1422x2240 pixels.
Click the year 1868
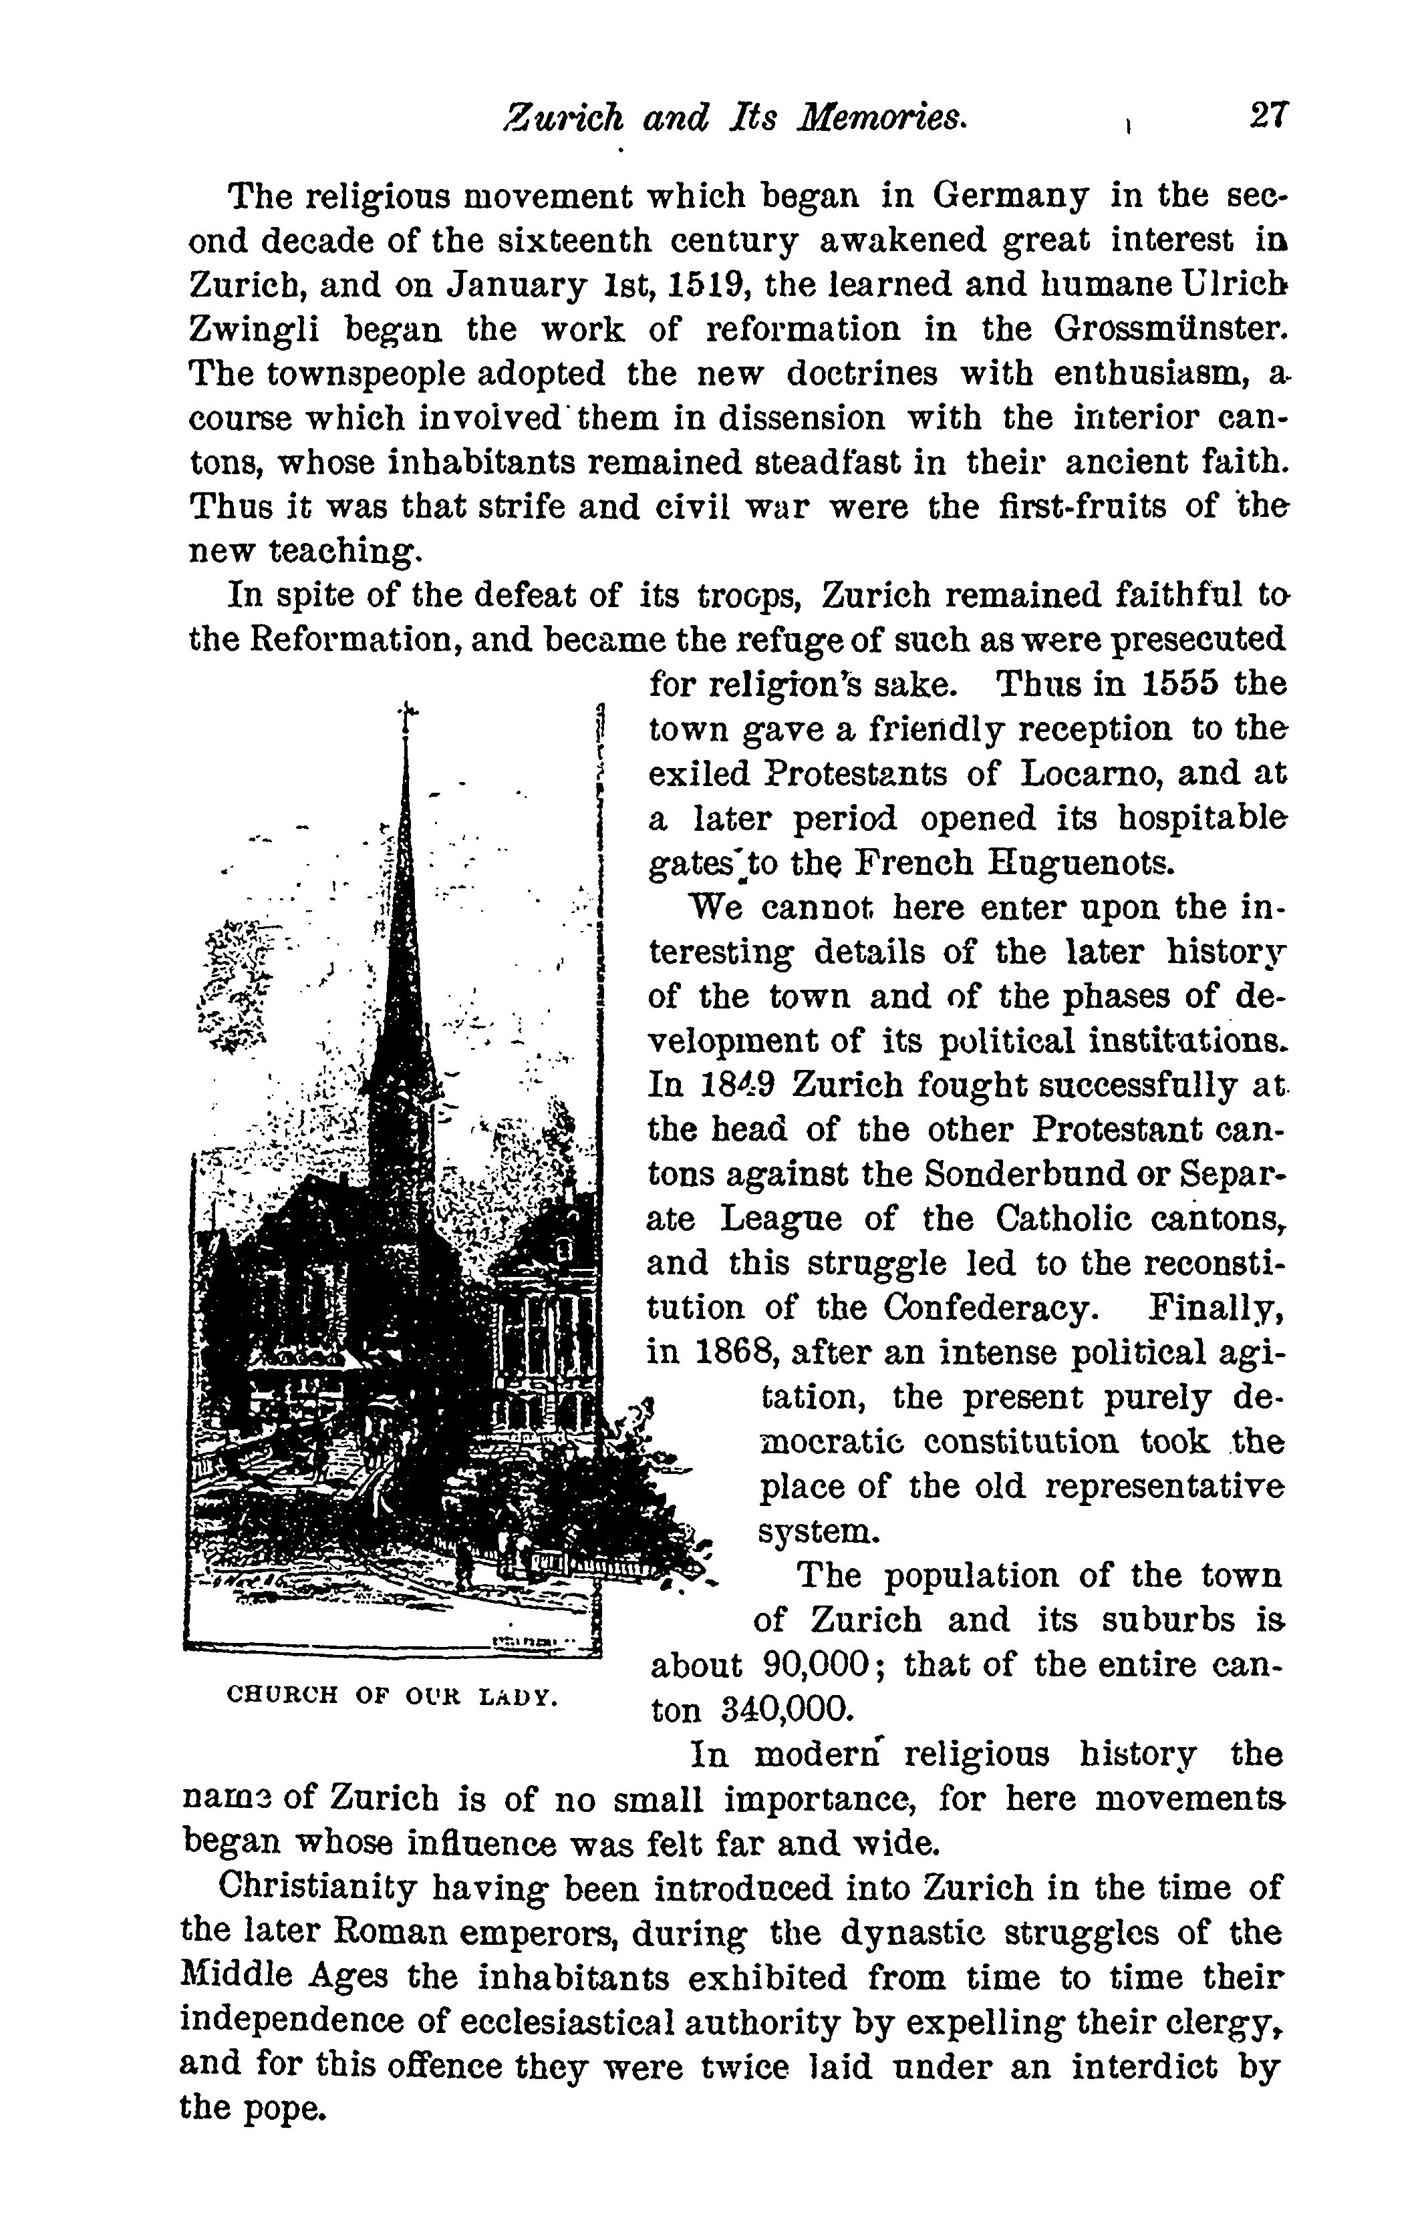tap(737, 1352)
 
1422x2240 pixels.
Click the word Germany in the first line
tap(1010, 196)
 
